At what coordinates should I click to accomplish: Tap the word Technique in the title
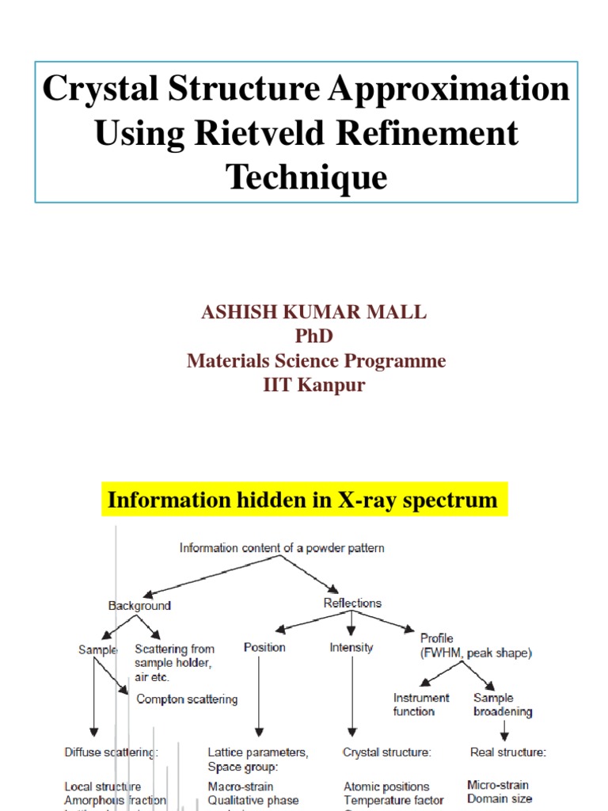(x=307, y=176)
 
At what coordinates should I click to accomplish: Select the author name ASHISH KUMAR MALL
(x=314, y=312)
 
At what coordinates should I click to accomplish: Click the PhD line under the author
(x=314, y=336)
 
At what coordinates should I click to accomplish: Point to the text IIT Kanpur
(x=314, y=385)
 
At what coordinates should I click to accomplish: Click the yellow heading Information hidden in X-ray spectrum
(x=303, y=501)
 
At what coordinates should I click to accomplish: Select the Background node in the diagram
(x=139, y=606)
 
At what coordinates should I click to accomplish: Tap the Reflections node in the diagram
(x=352, y=603)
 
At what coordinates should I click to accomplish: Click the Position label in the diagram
(x=264, y=648)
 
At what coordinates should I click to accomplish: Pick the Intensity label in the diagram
(x=351, y=648)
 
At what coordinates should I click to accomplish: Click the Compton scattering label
(x=187, y=699)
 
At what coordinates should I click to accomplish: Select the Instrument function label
(x=421, y=705)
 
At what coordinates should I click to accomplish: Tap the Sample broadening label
(x=503, y=705)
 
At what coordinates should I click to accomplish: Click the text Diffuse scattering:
(x=111, y=753)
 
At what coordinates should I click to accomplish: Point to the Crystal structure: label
(x=387, y=753)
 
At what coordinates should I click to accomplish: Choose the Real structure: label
(x=507, y=752)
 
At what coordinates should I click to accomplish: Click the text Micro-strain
(x=498, y=786)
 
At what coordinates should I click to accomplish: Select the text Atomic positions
(x=386, y=787)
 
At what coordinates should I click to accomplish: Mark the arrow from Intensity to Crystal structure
(x=351, y=697)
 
